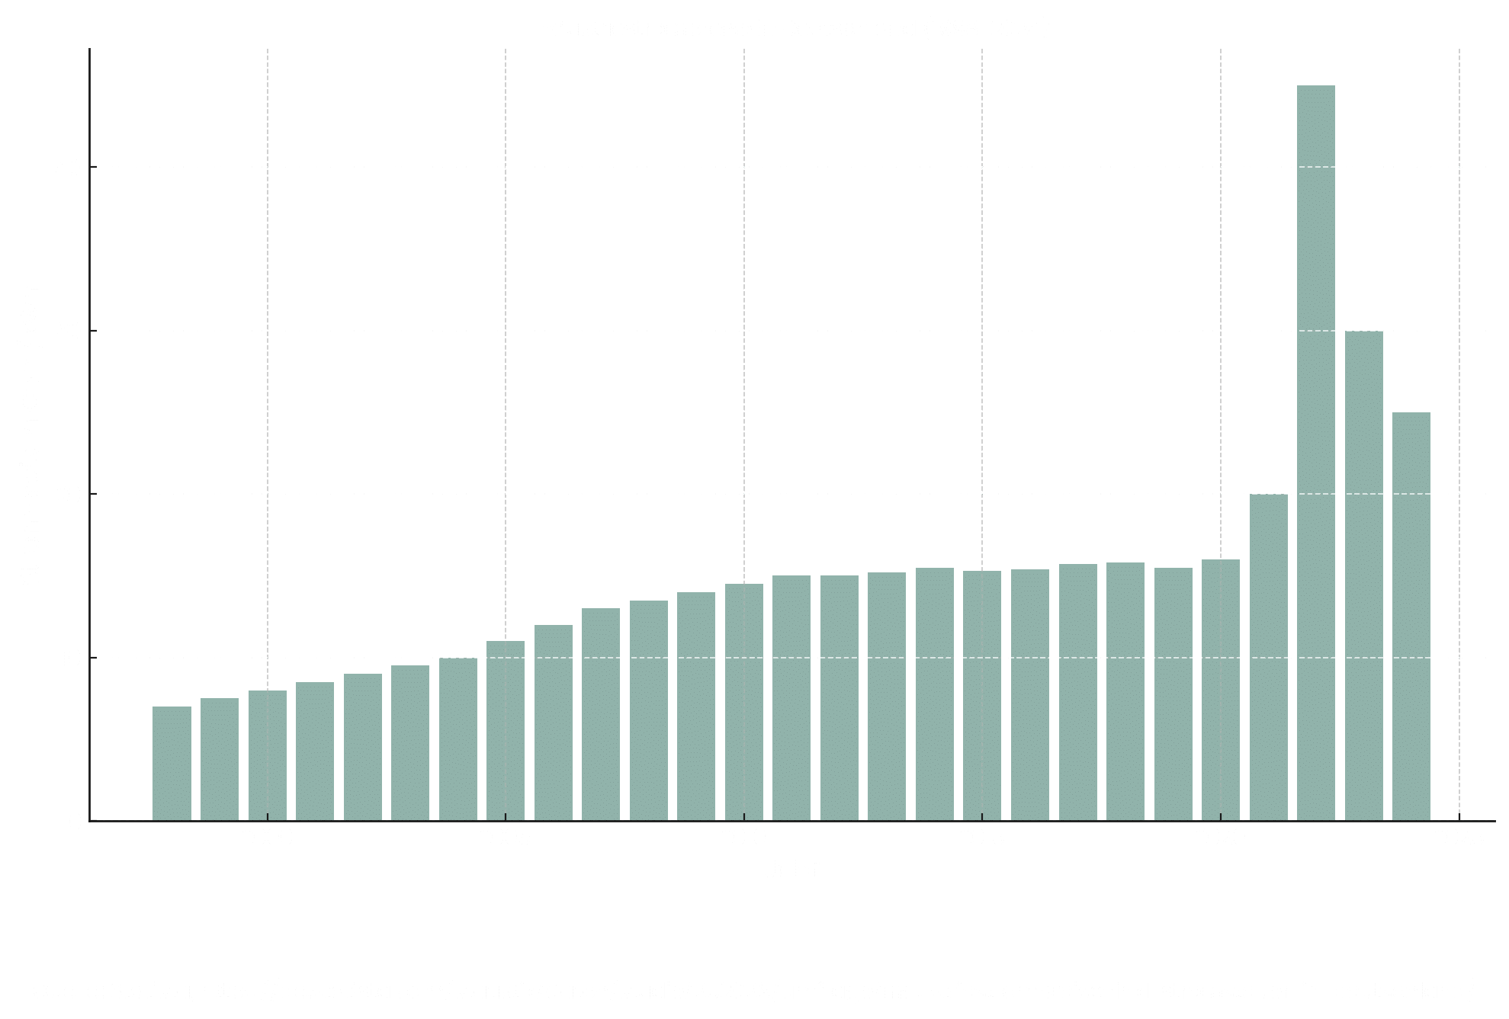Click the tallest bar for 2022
pos(1315,453)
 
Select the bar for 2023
pos(1363,575)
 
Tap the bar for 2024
pos(1411,617)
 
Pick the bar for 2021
pos(1268,657)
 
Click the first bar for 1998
pos(172,764)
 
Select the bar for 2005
pos(506,731)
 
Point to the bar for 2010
pos(743,702)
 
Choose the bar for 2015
pos(982,696)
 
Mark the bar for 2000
pos(267,755)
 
